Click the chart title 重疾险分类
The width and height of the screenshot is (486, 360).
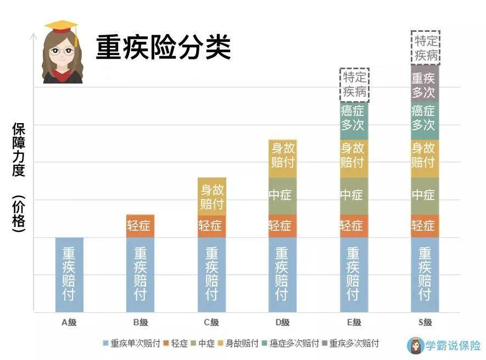tap(163, 47)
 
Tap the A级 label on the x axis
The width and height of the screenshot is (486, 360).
tap(69, 323)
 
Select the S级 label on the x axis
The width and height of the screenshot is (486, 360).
tap(424, 323)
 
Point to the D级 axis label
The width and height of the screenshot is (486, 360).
tap(282, 323)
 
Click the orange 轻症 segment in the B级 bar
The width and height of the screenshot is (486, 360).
tap(140, 226)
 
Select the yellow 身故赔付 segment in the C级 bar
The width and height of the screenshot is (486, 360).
tap(211, 196)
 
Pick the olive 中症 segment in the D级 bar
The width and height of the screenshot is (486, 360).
tap(282, 195)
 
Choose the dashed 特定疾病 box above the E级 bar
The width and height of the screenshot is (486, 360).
tap(354, 85)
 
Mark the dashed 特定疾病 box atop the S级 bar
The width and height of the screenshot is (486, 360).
tap(426, 48)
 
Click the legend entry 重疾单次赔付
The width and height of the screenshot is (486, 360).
tap(132, 344)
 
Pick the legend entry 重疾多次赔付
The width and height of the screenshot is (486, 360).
tap(352, 344)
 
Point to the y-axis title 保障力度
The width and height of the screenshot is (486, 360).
tap(19, 149)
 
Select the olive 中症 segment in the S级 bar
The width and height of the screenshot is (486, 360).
tap(424, 195)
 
